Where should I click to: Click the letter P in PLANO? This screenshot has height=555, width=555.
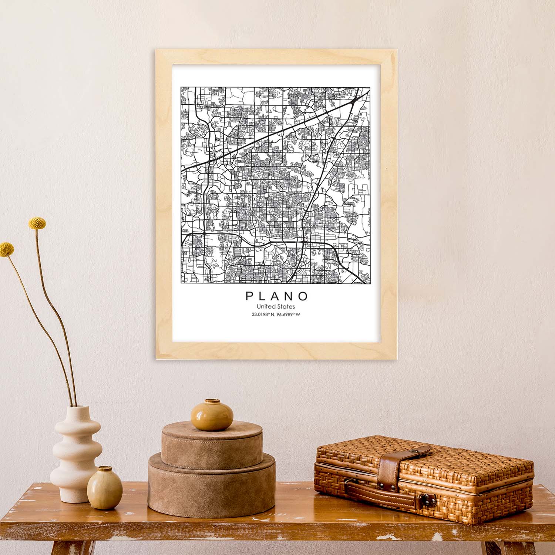tap(249, 296)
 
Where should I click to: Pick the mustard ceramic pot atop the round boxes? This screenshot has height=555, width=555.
tap(212, 415)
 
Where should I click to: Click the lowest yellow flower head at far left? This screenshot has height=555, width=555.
tap(6, 249)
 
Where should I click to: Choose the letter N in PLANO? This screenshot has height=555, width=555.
tap(290, 296)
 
